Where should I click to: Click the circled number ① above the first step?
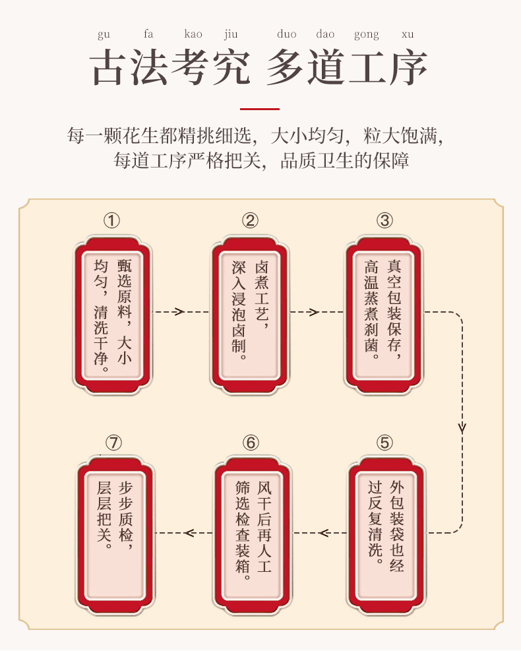[112, 220]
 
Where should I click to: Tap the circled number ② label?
[249, 220]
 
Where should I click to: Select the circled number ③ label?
[385, 220]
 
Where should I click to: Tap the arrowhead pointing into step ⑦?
[189, 532]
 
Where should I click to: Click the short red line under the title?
[260, 109]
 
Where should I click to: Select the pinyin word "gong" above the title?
[367, 34]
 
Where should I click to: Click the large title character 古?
[109, 67]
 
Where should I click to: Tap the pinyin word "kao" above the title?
[193, 34]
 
